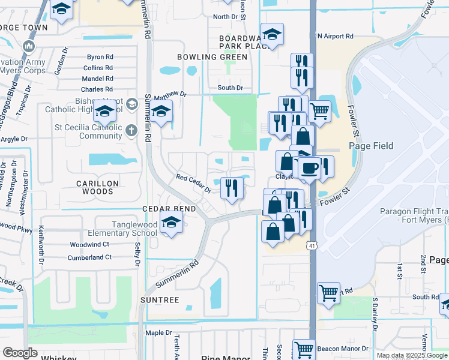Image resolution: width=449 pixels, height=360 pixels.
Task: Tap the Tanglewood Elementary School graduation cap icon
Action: pos(172,223)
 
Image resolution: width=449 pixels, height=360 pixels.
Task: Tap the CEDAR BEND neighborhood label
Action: pos(170,208)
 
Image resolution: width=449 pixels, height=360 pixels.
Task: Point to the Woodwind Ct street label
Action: pos(89,244)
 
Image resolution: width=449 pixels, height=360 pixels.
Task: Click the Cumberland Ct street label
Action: pos(91,257)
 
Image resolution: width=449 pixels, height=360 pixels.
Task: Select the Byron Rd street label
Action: pos(100,57)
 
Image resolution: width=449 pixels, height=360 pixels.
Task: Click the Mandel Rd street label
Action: pos(98,79)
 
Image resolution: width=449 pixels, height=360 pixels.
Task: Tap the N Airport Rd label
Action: pos(336,36)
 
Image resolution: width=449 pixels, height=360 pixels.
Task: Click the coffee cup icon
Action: pos(309,167)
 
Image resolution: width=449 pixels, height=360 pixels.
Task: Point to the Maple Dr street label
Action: pos(159,332)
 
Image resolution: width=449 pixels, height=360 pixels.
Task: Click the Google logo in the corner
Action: pos(20,353)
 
